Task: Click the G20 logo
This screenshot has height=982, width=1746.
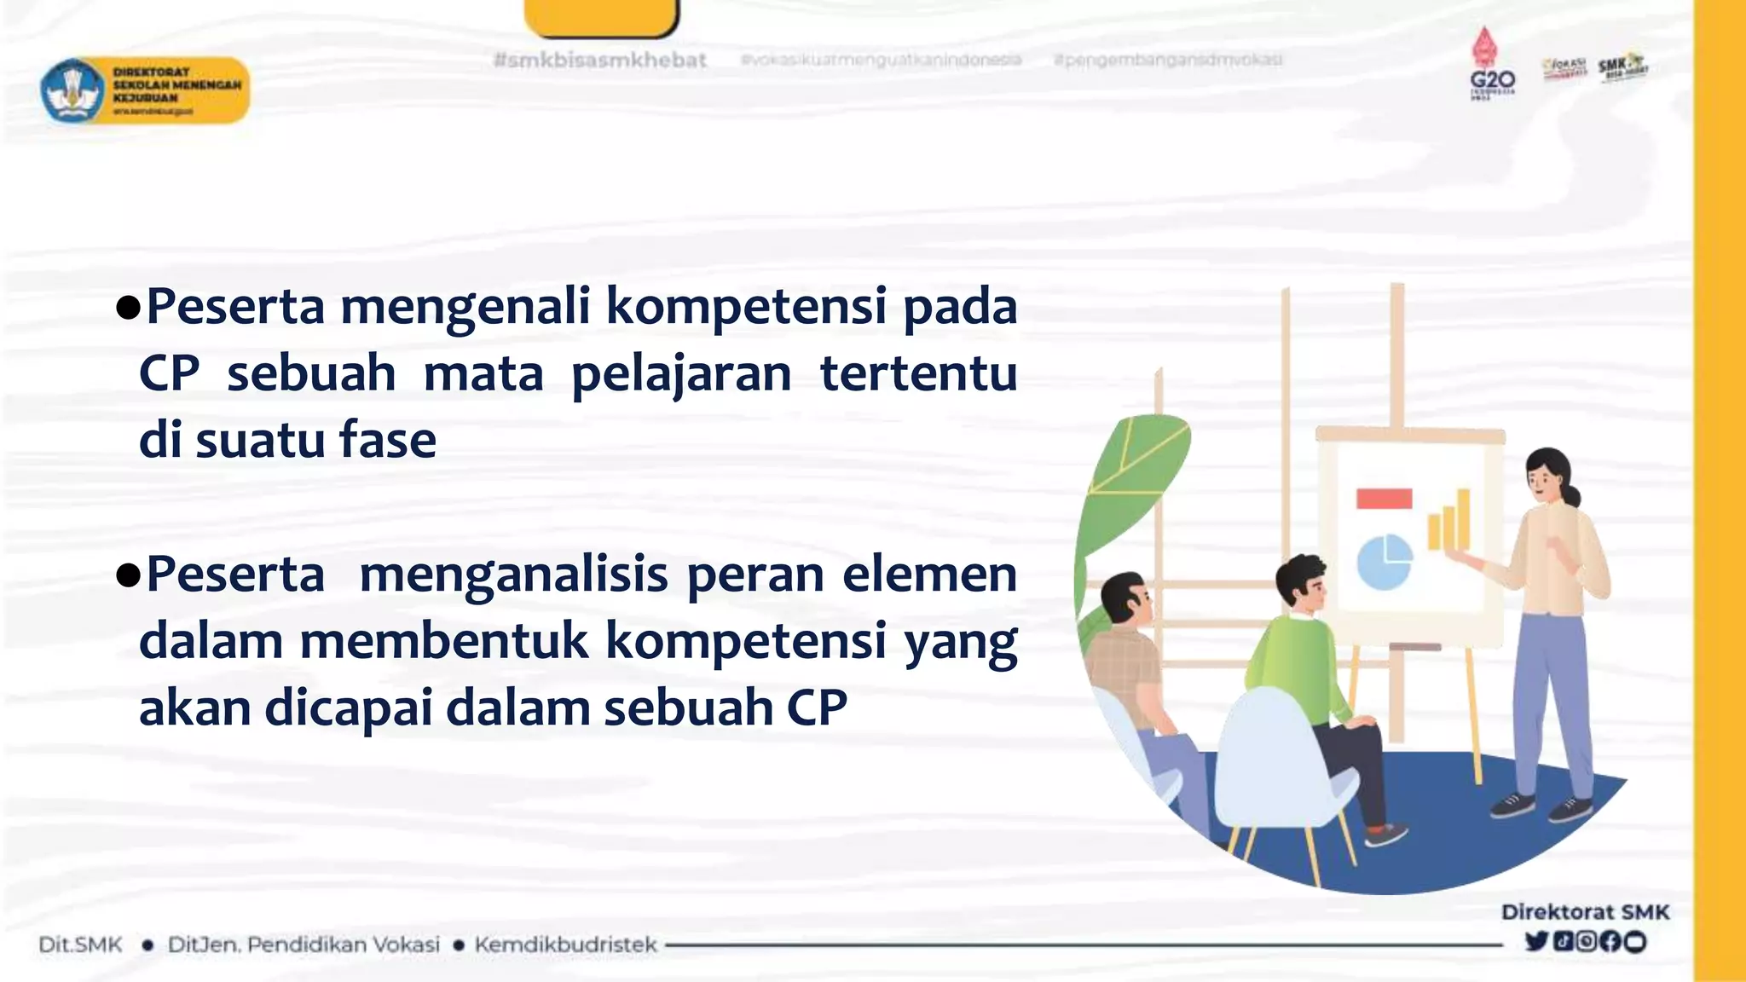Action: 1491,68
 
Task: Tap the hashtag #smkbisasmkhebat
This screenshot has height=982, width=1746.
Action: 600,61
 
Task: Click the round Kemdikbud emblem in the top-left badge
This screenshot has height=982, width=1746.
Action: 72,90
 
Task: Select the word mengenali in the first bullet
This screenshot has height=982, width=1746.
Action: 465,307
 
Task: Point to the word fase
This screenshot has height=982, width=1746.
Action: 388,441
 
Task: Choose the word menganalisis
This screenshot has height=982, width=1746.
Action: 513,575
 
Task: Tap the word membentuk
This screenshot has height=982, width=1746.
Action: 444,641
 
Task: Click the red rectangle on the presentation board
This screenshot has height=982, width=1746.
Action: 1384,499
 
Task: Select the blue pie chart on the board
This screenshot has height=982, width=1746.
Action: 1384,561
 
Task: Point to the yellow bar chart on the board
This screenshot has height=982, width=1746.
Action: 1449,520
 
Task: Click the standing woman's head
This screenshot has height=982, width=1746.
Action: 1549,477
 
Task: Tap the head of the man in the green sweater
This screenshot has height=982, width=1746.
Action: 1302,583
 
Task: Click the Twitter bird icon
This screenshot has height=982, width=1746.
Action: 1536,941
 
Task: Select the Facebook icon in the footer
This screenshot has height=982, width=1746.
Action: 1610,941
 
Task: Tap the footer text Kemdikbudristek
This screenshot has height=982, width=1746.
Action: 565,944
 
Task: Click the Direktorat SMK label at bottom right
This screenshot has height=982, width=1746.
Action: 1585,912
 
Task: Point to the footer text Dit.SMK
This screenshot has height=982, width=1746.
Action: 80,944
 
